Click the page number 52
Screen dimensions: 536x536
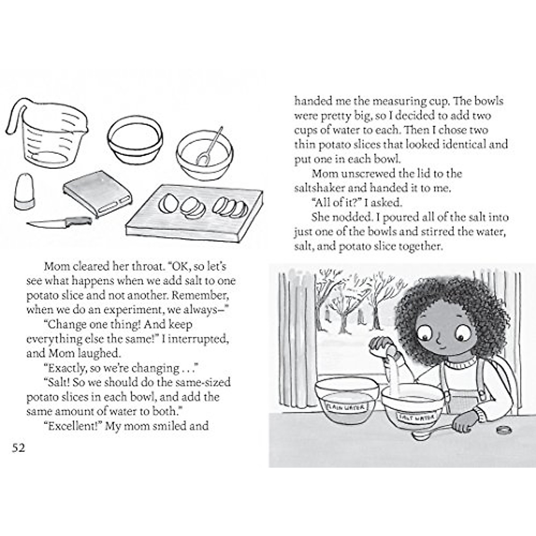pyautogui.click(x=19, y=448)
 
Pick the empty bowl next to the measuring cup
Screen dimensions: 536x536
pyautogui.click(x=135, y=138)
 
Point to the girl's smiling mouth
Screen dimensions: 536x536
pyautogui.click(x=442, y=346)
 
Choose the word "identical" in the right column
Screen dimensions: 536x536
pyautogui.click(x=465, y=145)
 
